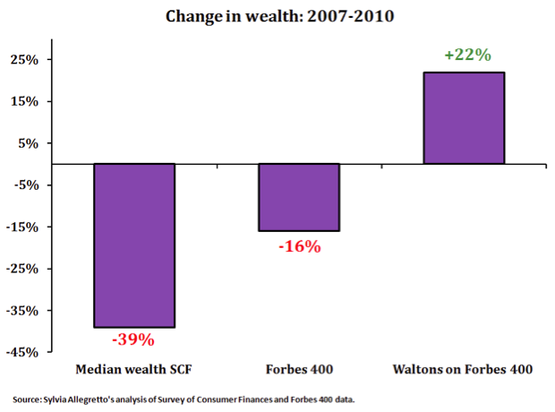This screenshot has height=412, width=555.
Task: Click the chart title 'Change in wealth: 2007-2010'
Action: [277, 15]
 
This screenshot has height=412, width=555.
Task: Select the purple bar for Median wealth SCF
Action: [133, 245]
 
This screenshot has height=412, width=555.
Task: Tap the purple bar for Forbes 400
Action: [298, 197]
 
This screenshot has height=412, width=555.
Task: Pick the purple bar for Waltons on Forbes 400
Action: [464, 118]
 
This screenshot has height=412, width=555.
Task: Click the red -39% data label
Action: [133, 340]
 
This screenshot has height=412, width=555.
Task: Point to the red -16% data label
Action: [298, 245]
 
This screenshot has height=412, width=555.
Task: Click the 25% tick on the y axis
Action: [24, 60]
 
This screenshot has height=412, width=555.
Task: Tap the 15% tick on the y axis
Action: [24, 101]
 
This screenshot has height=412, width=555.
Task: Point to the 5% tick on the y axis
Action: [27, 143]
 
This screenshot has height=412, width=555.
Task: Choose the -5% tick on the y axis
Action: [25, 185]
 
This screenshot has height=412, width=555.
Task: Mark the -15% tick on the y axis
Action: [22, 227]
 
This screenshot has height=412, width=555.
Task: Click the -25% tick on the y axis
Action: [22, 269]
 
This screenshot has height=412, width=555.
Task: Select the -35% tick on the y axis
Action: [22, 311]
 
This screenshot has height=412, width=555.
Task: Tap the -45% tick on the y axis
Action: [22, 352]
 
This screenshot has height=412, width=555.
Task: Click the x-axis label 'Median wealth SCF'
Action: [133, 369]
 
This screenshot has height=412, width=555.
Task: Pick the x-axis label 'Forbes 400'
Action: [298, 369]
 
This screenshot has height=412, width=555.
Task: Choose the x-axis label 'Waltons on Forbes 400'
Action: [464, 369]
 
